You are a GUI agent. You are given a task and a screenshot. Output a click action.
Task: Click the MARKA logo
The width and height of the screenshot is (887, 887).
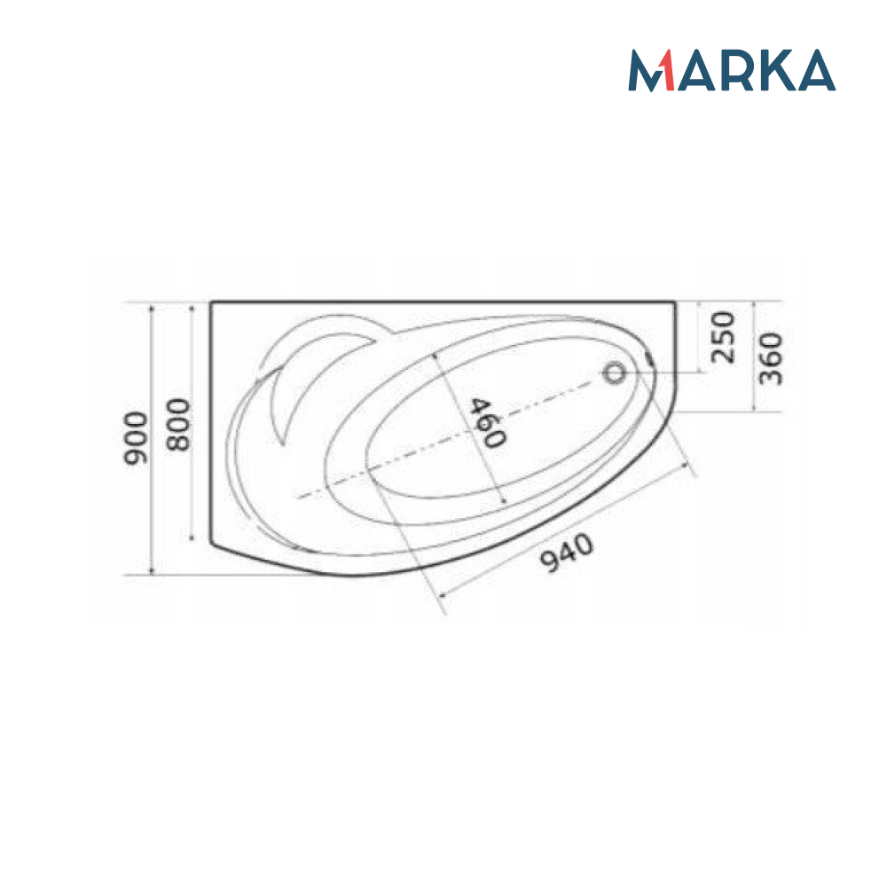point(732,70)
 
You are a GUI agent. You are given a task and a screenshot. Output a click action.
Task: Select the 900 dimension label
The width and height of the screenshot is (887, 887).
point(136,438)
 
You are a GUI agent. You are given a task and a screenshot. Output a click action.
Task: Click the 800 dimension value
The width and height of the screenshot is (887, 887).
point(179,424)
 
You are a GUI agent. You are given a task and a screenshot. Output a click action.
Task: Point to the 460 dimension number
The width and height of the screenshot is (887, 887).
point(486,423)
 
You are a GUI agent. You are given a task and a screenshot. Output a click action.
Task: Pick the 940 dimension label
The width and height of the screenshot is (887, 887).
point(568,552)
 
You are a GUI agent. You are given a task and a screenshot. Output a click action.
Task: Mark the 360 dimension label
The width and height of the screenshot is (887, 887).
point(771,358)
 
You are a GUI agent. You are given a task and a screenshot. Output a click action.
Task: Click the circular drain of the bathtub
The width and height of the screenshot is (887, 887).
point(613,373)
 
